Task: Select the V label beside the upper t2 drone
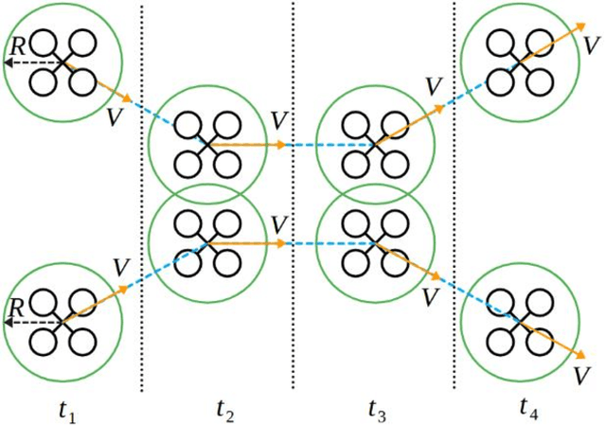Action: coord(277,121)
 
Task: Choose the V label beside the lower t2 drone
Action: coord(277,224)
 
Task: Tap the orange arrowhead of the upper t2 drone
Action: coord(281,145)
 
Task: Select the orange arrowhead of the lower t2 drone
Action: coord(281,243)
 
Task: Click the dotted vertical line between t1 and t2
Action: coord(142,189)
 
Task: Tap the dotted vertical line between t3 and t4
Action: coord(454,189)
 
